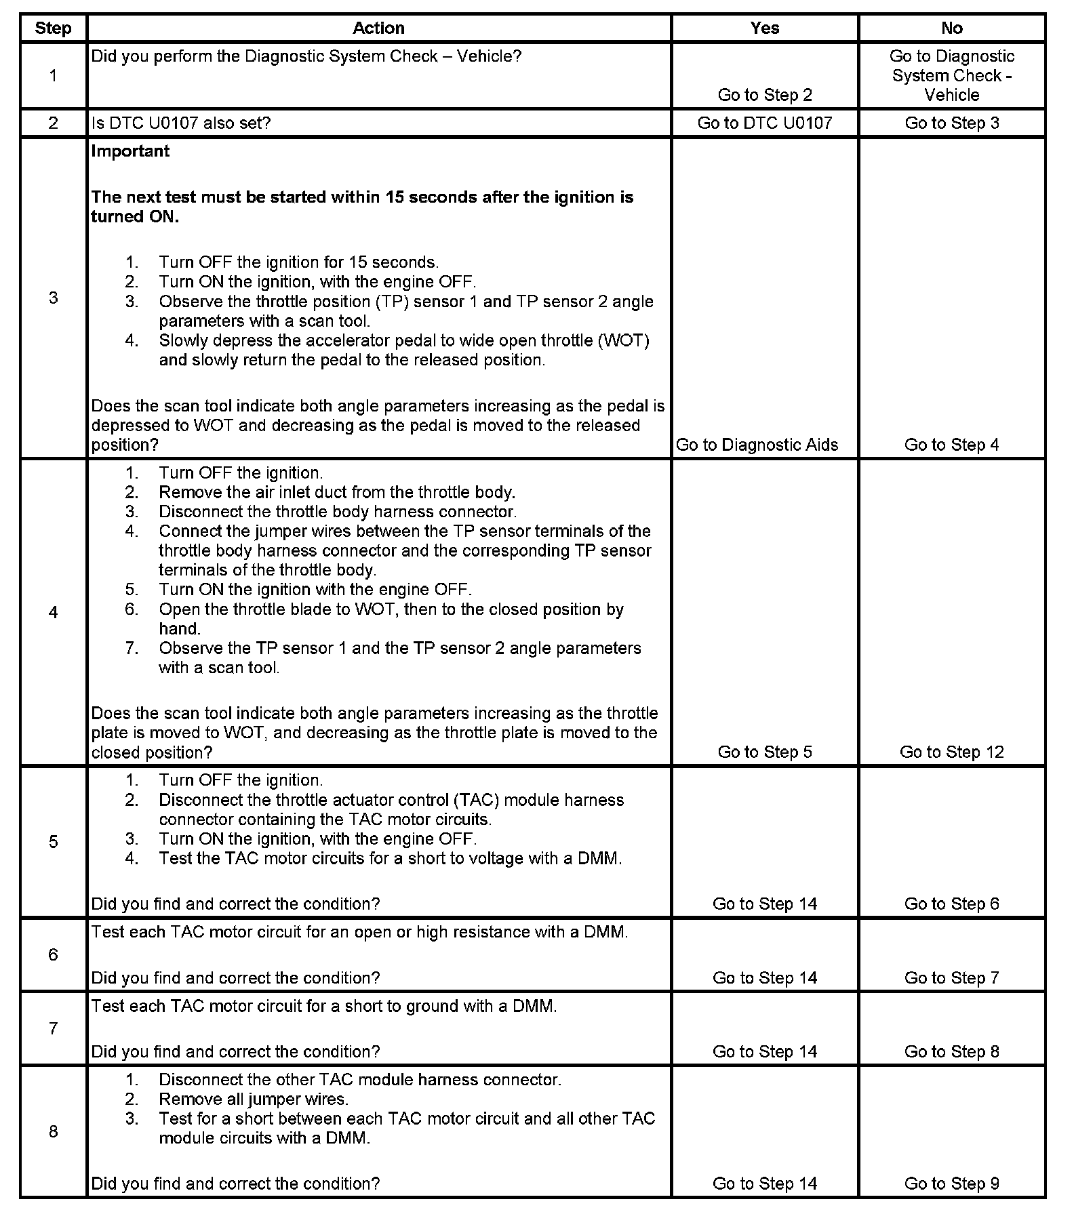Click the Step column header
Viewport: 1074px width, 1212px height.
tap(53, 28)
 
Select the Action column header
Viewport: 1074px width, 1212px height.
tap(378, 28)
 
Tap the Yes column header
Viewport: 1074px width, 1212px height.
tap(764, 28)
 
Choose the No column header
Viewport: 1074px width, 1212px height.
tap(951, 28)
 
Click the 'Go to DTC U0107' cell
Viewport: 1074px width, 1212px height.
tap(764, 123)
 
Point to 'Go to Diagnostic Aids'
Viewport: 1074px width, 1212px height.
tap(757, 445)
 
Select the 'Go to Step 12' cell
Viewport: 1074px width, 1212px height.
tap(951, 752)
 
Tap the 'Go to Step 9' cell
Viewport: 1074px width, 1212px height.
tap(951, 1184)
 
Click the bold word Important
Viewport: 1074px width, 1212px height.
tap(130, 151)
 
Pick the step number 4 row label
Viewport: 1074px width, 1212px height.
tap(53, 613)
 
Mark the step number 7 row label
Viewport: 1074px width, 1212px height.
tap(53, 1028)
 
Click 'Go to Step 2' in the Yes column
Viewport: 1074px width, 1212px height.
tap(764, 95)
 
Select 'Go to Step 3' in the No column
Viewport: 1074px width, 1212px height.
tap(951, 123)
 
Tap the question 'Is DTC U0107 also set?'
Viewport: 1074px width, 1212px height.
tap(181, 123)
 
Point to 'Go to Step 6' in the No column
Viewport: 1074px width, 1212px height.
tap(951, 904)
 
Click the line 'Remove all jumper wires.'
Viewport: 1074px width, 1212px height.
tap(254, 1099)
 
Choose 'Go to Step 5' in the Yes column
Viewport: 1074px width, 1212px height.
tap(764, 752)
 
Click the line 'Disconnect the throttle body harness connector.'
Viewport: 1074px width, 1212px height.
tap(338, 512)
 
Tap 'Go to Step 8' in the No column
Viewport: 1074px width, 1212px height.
tap(951, 1051)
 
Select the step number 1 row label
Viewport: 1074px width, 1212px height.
tap(53, 76)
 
